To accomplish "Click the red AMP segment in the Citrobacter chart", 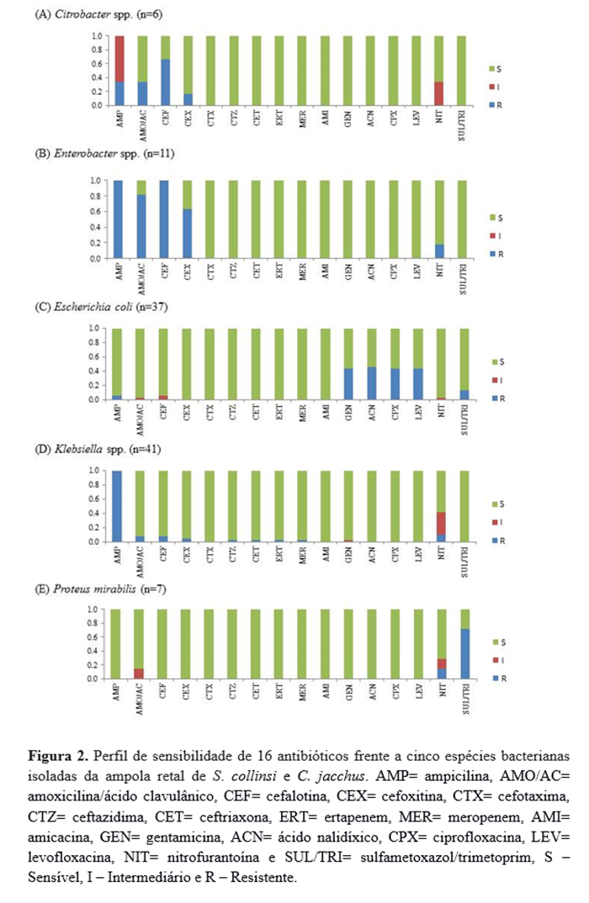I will click(119, 59).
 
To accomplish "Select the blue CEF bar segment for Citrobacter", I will click(166, 82).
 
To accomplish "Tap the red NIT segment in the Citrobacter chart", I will click(438, 93).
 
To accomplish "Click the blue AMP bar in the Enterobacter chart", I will click(119, 219).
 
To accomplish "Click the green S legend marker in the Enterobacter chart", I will click(492, 217).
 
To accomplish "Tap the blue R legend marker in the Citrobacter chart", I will click(492, 103).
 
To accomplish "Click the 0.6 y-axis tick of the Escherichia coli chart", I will click(95, 356).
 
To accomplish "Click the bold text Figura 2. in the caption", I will click(56, 750).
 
